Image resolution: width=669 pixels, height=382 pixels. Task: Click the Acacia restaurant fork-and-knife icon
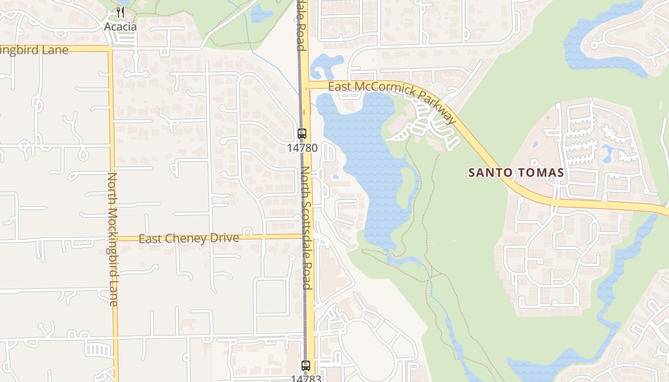point(120,13)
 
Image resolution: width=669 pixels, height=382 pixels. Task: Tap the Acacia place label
point(120,27)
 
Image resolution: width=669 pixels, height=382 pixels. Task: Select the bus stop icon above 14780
point(302,134)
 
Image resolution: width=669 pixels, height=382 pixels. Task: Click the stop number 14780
point(302,148)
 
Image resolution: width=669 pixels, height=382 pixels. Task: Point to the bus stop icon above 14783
point(306,366)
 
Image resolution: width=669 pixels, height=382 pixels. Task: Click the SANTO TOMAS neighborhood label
point(516,173)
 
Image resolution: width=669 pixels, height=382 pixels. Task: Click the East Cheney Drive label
point(189,238)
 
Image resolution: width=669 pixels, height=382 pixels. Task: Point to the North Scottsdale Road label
point(307,228)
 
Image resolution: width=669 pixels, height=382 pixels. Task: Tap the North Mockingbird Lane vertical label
point(113,239)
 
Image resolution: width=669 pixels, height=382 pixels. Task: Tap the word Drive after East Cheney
point(224,238)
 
